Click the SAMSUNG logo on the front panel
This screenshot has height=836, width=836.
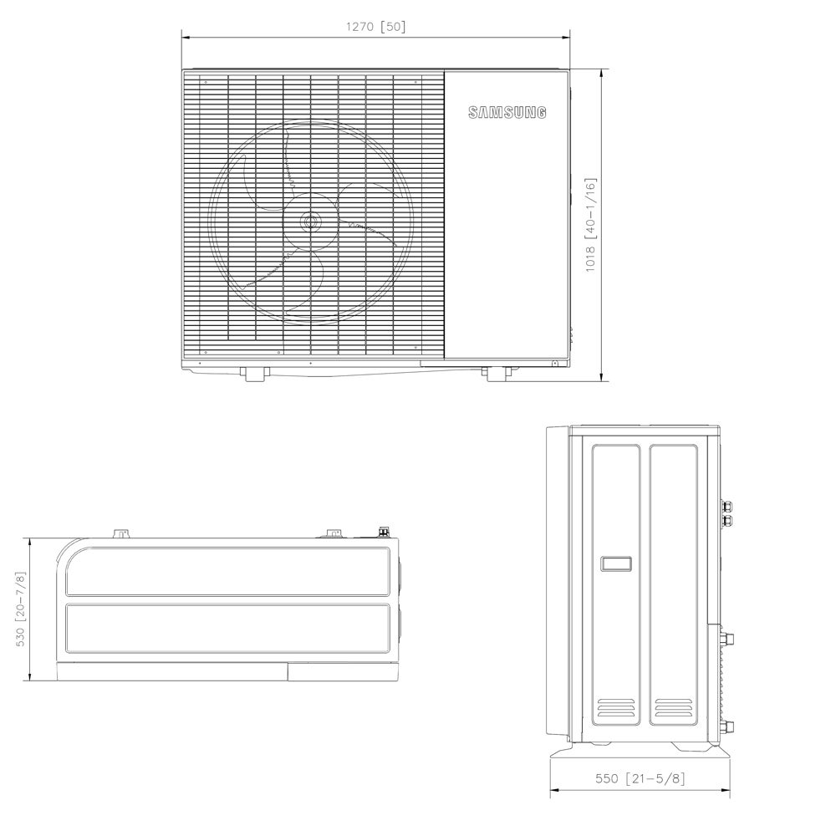click(x=507, y=113)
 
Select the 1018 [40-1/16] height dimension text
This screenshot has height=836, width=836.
click(x=590, y=224)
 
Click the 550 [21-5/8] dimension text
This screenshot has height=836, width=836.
click(x=640, y=778)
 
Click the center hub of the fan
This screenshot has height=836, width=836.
click(x=311, y=223)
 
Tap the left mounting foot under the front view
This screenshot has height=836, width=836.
click(x=255, y=373)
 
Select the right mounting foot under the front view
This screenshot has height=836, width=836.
click(x=497, y=373)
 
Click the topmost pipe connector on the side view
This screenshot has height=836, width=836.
click(x=726, y=506)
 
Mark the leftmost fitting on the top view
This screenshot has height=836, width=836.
click(x=122, y=533)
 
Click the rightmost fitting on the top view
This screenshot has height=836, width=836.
click(x=385, y=531)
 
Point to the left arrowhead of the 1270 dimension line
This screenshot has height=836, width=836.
click(x=186, y=38)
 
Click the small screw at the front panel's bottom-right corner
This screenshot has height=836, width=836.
click(x=553, y=363)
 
